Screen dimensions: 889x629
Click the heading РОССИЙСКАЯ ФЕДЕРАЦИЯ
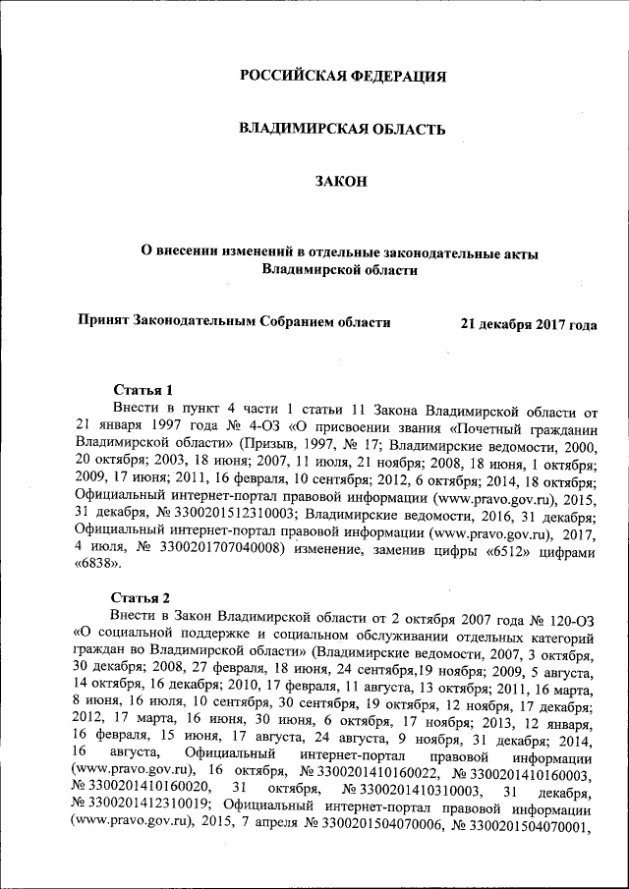coord(343,76)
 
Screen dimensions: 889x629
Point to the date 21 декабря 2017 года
coord(529,323)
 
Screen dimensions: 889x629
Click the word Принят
coord(104,321)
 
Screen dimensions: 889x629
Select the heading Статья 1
coord(144,389)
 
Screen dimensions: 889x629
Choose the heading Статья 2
coord(141,598)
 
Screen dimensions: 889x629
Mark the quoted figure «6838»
coord(95,571)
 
